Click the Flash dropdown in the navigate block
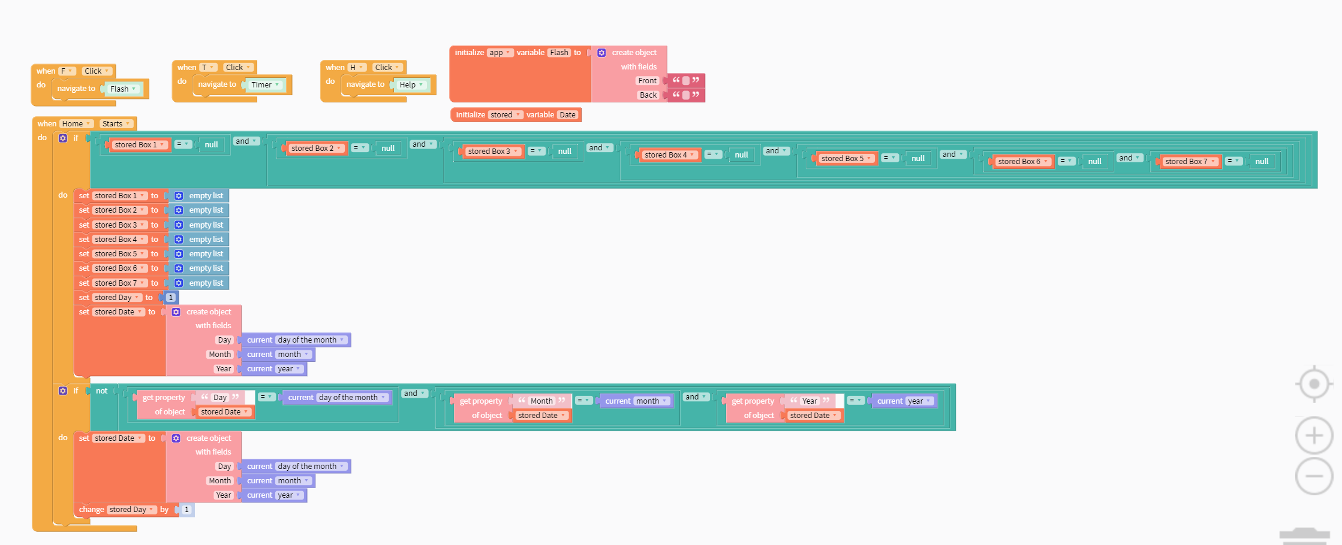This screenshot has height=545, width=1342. [124, 89]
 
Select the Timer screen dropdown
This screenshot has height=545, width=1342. [265, 85]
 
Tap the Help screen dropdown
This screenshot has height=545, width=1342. [411, 85]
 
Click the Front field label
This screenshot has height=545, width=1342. [647, 81]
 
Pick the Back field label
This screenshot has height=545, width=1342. [648, 95]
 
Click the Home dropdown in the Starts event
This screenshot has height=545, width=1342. [76, 124]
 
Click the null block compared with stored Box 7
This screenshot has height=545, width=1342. [1262, 162]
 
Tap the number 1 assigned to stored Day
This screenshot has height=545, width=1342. [171, 298]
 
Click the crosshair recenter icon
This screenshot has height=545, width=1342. [1314, 383]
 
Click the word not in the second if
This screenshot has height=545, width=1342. [102, 391]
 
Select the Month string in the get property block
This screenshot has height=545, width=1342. [541, 401]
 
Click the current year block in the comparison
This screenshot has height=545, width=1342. [905, 401]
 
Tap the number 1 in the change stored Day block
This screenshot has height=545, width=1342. [186, 510]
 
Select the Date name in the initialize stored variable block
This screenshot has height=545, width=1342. [567, 115]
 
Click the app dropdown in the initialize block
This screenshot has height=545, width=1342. [500, 53]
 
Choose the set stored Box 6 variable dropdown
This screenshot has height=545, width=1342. [119, 268]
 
